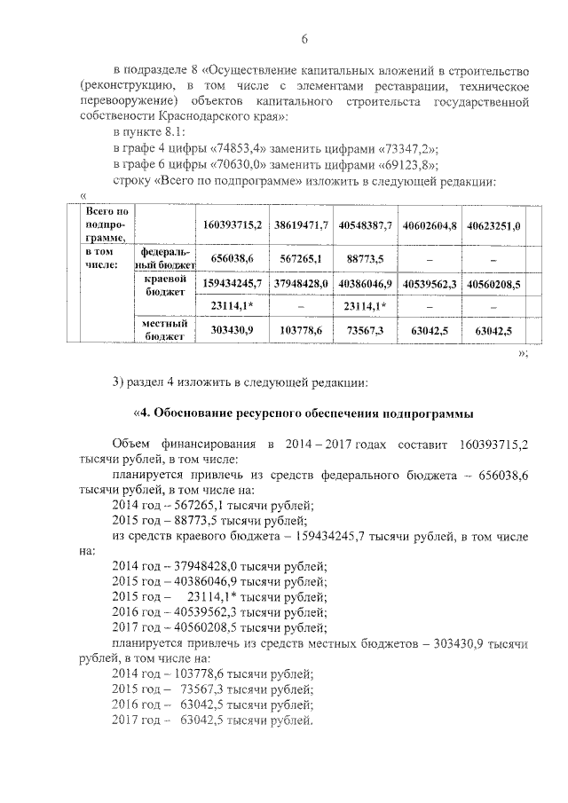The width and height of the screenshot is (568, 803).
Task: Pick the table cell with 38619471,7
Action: click(301, 226)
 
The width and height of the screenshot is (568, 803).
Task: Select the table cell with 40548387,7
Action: click(366, 226)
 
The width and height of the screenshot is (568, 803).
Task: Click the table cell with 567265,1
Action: click(301, 257)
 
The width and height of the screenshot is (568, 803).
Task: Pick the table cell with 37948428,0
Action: click(301, 284)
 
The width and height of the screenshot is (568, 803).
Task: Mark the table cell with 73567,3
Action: click(366, 330)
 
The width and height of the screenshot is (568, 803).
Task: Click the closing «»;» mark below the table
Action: click(523, 353)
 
